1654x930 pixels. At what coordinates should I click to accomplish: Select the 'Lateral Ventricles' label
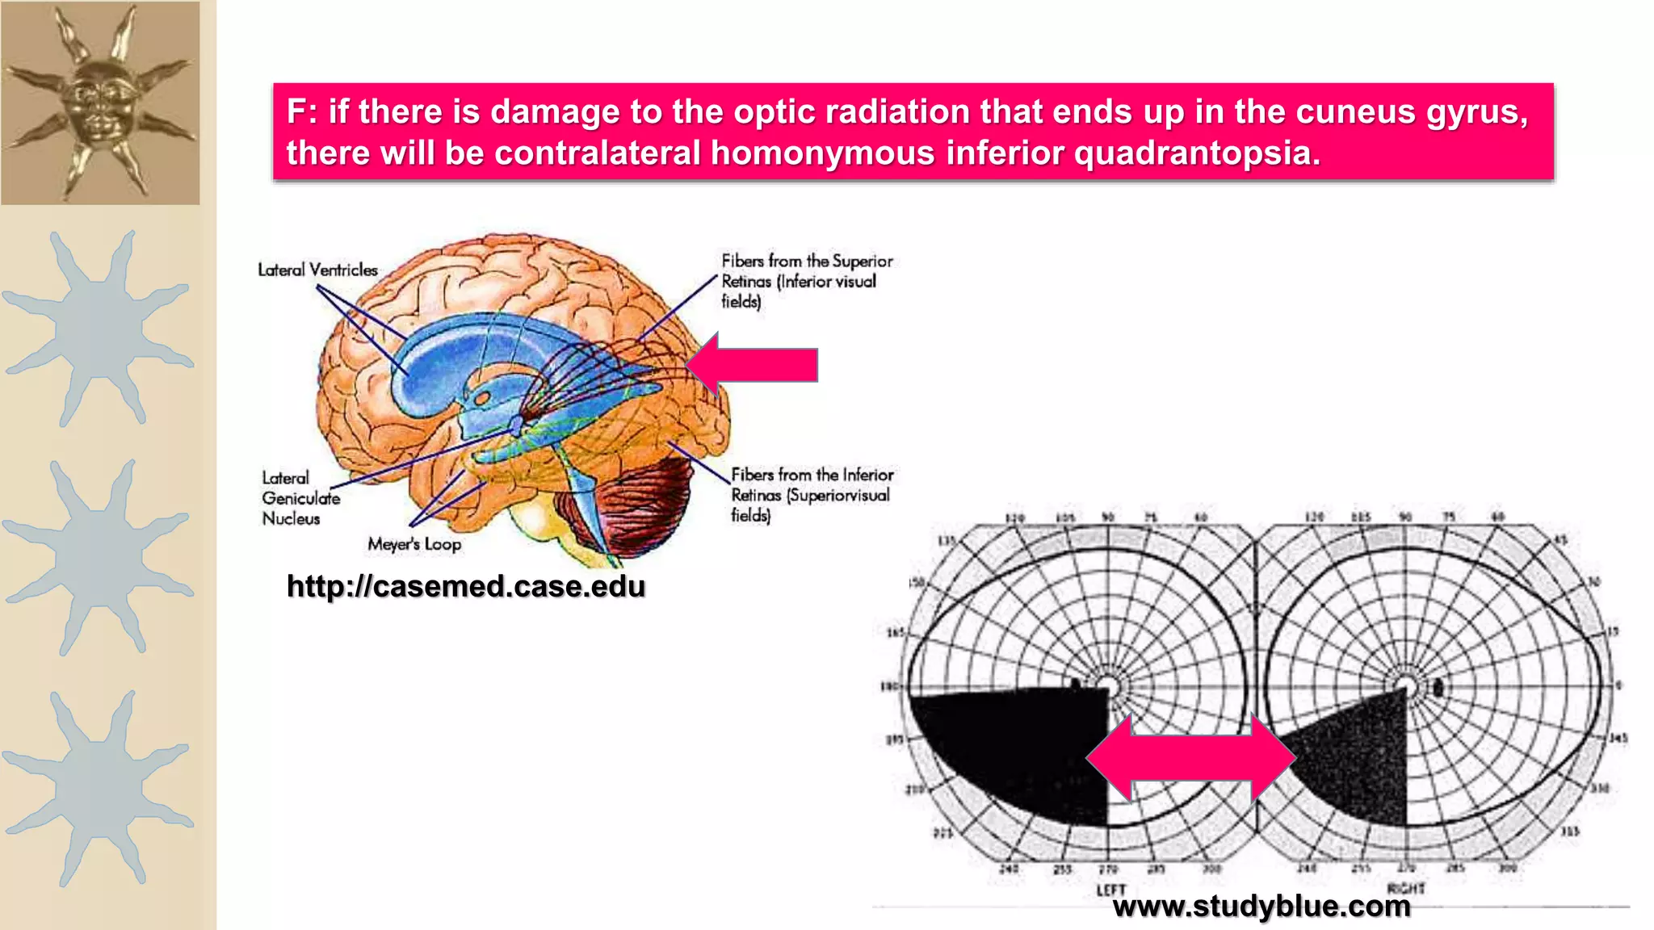click(317, 270)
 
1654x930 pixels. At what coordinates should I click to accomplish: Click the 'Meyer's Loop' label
click(414, 544)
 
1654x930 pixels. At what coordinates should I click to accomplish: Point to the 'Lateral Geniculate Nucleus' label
click(300, 498)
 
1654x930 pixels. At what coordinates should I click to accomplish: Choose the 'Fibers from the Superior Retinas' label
click(806, 281)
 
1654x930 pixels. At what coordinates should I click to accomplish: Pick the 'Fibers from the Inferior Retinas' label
click(812, 494)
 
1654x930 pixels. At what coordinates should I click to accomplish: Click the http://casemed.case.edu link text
click(466, 586)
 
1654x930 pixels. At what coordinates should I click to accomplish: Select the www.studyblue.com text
click(1261, 906)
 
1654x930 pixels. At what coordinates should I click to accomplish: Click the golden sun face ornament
click(100, 102)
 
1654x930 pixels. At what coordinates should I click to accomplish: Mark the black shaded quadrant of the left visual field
click(1018, 751)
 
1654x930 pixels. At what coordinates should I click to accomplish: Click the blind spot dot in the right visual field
click(1438, 688)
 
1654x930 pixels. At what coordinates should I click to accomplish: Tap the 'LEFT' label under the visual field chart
click(1111, 890)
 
